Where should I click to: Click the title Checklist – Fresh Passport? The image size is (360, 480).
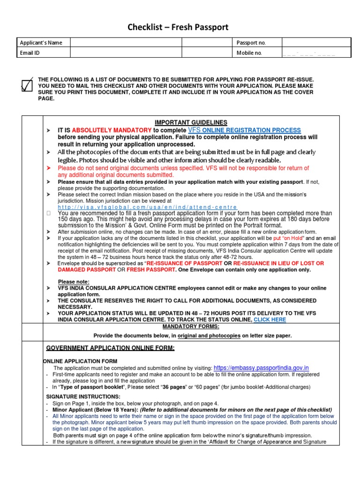coord(178,28)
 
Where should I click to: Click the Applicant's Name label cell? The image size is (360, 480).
coord(41,43)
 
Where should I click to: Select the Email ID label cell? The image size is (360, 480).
coord(30,53)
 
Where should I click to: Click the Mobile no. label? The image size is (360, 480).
coord(249,53)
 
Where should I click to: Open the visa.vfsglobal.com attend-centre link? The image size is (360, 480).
coord(147,207)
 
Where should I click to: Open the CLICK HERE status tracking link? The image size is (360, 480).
coord(270,320)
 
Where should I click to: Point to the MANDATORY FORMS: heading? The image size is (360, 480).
coord(191,326)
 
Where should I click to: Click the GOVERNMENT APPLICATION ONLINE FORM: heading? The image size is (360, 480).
coord(110,348)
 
